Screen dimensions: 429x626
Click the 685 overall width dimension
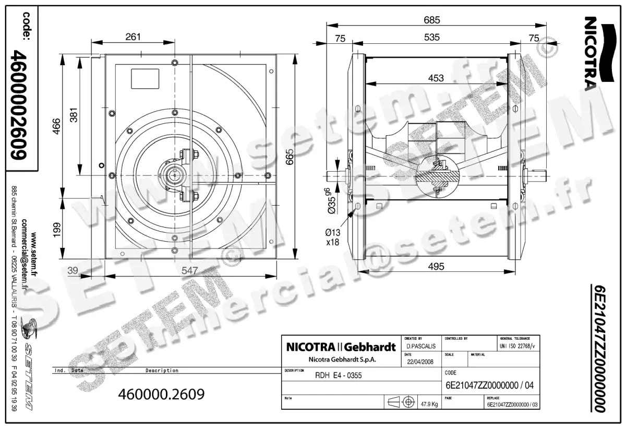[432, 20]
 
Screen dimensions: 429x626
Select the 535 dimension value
[432, 38]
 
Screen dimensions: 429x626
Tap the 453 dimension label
[436, 78]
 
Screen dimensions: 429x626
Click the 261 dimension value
[134, 37]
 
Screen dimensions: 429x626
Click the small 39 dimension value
[73, 270]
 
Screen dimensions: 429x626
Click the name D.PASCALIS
[419, 346]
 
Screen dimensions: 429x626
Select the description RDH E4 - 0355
[339, 375]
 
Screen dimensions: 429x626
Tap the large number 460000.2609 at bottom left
[162, 394]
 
